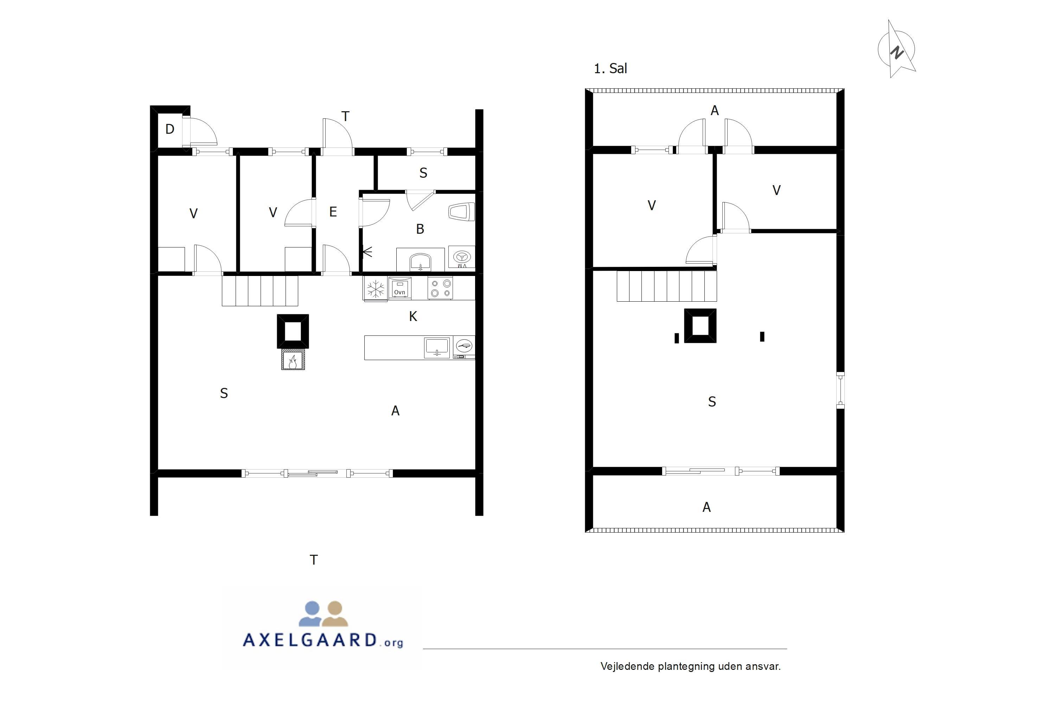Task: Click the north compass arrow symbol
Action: point(897,49)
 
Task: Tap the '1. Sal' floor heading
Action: point(610,69)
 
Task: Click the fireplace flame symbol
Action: point(293,360)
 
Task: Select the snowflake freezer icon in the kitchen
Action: point(376,289)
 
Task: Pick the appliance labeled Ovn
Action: point(399,288)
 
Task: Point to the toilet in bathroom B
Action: point(461,212)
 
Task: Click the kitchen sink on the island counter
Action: point(437,347)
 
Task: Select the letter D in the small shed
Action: point(170,129)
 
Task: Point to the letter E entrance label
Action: point(333,212)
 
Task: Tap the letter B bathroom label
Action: point(420,229)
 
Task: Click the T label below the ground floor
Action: point(314,560)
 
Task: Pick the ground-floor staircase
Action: point(260,290)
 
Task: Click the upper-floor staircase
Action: point(666,286)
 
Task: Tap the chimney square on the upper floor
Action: point(700,326)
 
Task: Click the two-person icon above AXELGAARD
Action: point(324,614)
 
